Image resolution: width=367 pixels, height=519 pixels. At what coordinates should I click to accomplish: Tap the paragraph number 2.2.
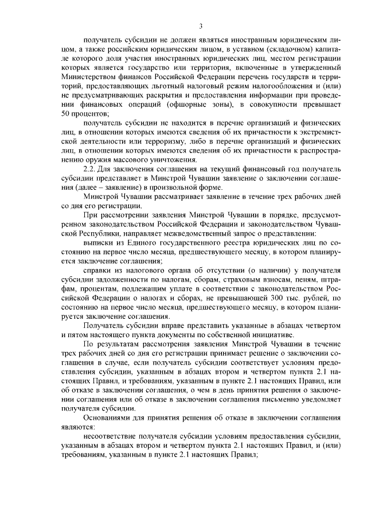[89, 170]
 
